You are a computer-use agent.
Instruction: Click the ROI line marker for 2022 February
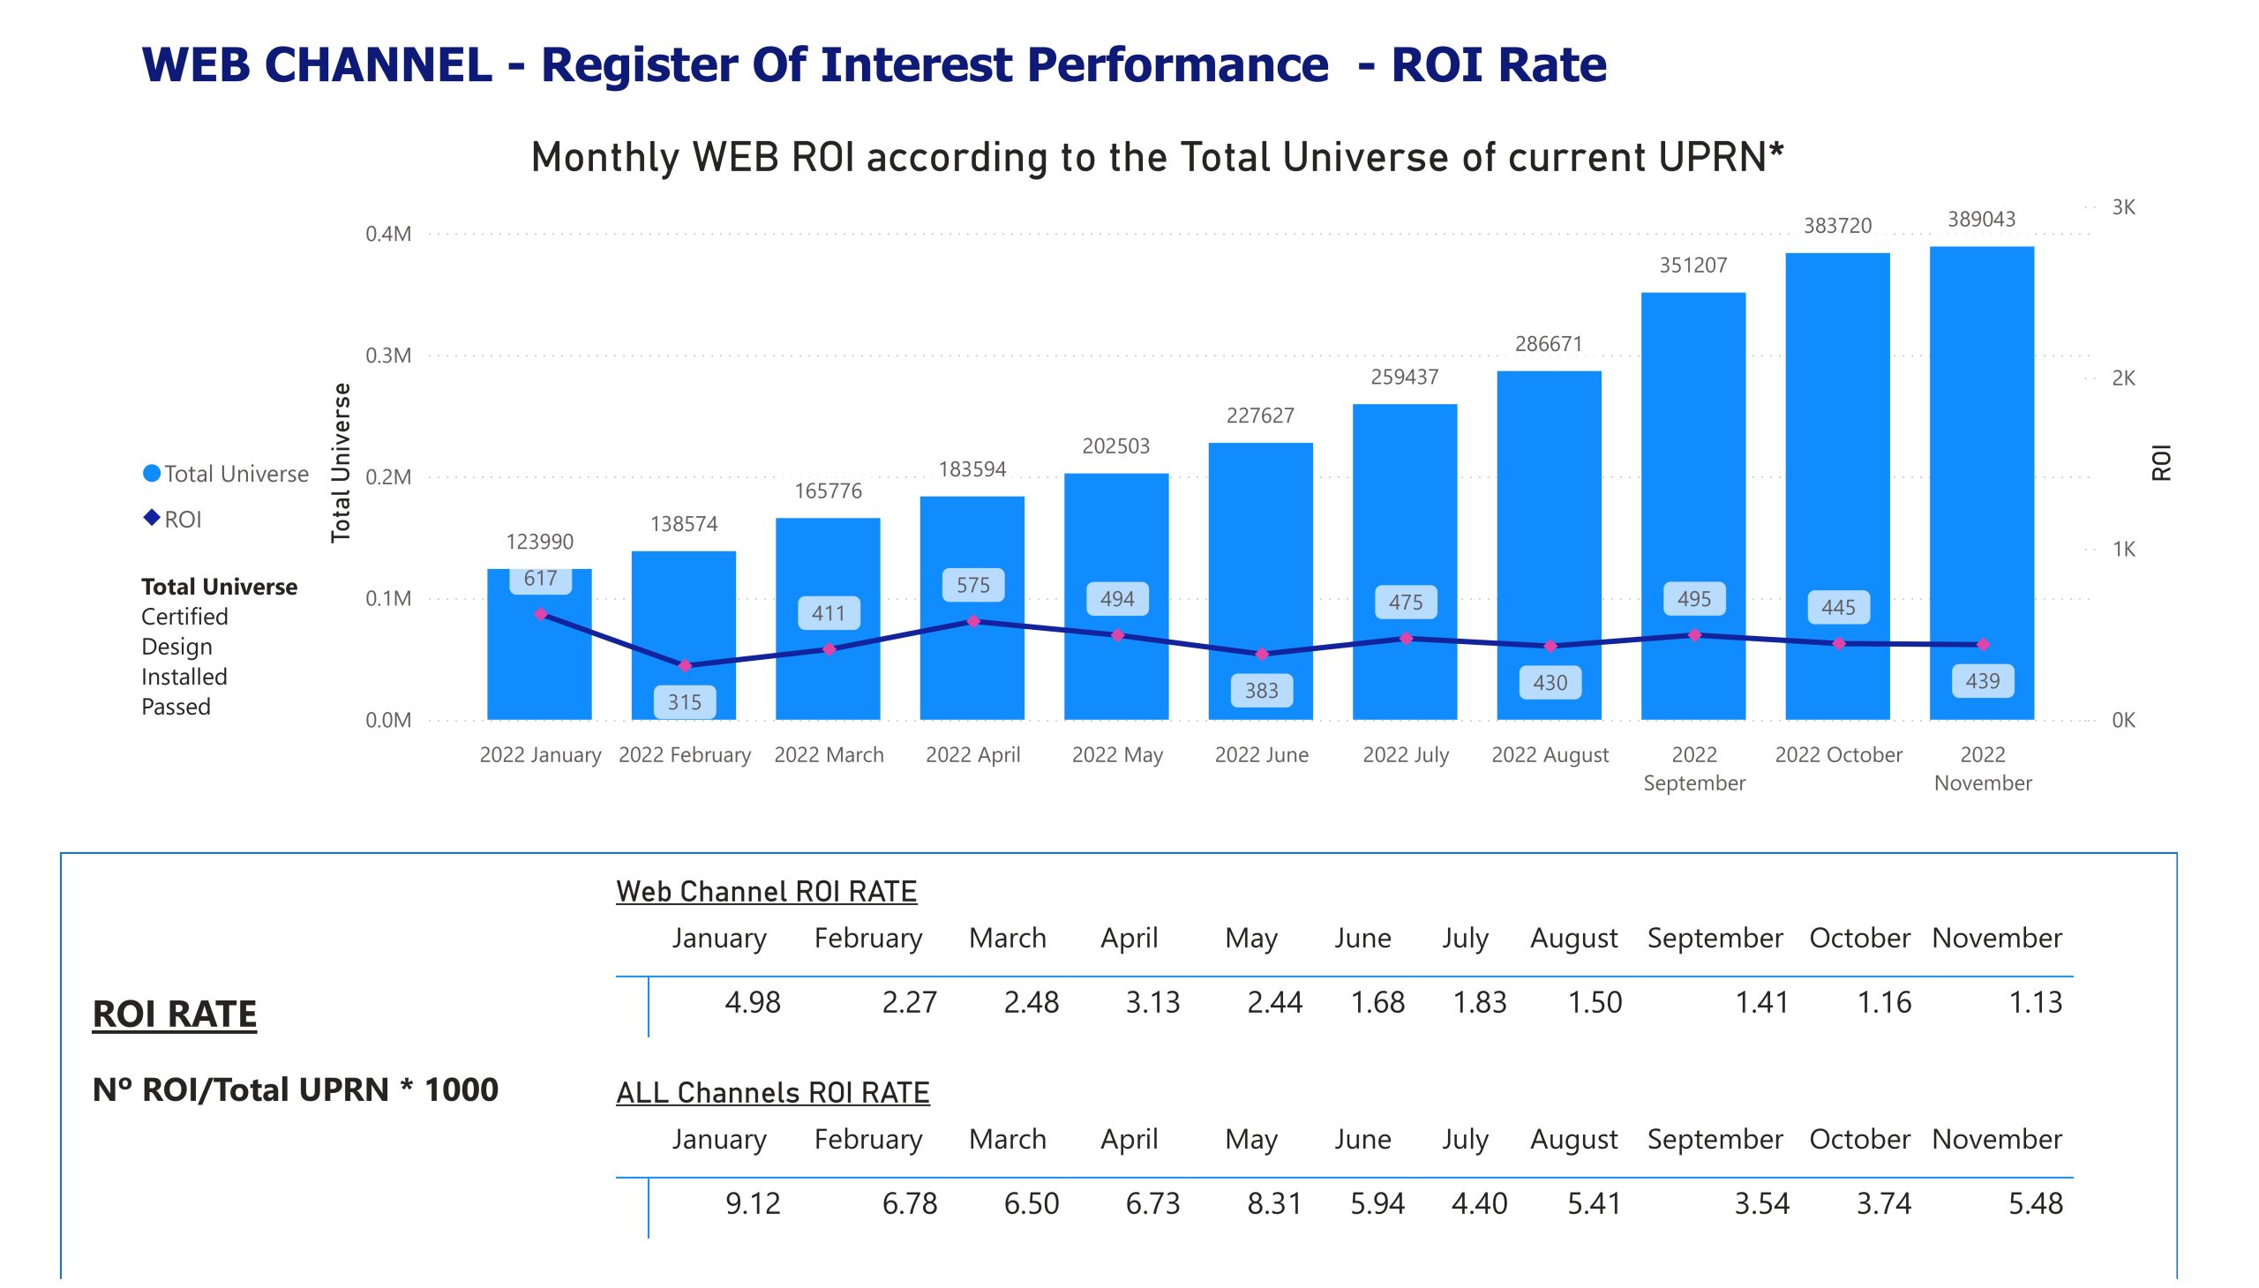click(684, 665)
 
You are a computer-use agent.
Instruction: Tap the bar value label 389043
click(1981, 220)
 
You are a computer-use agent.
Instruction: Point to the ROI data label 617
click(540, 579)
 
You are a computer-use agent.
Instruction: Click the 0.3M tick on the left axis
click(388, 356)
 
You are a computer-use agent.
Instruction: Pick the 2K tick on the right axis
click(2123, 378)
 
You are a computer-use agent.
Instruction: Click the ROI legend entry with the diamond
click(174, 520)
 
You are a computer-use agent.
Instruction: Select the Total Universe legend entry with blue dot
click(226, 474)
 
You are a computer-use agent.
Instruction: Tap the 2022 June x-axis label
click(1261, 754)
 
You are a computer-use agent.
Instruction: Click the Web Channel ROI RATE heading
click(766, 892)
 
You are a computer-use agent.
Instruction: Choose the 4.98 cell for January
click(752, 1002)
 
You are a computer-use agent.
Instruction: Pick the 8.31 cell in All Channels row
click(1274, 1203)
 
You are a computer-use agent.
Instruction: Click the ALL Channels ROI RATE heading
click(772, 1093)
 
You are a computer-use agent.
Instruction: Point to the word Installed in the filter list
click(184, 677)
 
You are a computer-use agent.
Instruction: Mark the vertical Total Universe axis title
click(341, 462)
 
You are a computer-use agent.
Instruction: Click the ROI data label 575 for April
click(972, 585)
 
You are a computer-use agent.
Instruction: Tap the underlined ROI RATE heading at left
click(175, 1014)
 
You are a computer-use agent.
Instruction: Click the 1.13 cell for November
click(2035, 1002)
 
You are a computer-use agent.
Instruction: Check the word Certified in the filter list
click(184, 617)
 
